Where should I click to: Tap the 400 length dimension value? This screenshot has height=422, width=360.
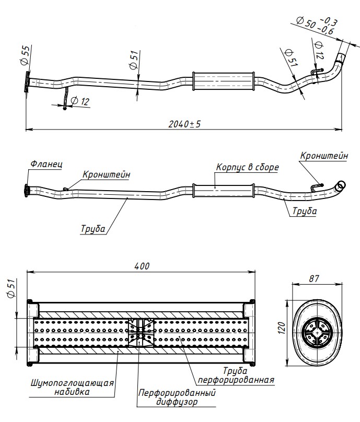(x=142, y=266)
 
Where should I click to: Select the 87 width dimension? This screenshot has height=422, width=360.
(x=314, y=279)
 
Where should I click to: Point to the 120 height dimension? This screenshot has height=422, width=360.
(x=281, y=328)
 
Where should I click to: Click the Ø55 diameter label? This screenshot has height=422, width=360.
(x=25, y=55)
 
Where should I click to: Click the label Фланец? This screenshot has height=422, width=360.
(x=46, y=164)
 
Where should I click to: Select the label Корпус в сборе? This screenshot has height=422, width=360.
(x=247, y=168)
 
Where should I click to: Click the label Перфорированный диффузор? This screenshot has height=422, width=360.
(x=177, y=397)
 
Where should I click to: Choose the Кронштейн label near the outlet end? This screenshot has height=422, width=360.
(x=324, y=156)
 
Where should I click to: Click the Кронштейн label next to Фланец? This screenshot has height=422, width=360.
(x=106, y=174)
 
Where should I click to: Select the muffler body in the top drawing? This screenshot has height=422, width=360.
(x=223, y=81)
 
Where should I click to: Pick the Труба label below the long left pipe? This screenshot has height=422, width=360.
(x=93, y=229)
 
